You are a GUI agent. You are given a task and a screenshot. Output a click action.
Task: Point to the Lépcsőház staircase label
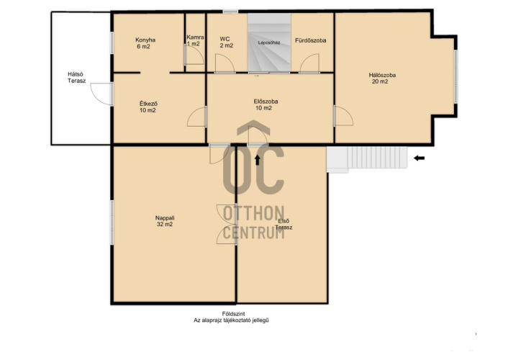click(x=269, y=42)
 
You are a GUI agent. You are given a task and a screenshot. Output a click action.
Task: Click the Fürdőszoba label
click(x=310, y=40)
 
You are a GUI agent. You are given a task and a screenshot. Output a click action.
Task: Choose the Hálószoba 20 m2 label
click(x=382, y=78)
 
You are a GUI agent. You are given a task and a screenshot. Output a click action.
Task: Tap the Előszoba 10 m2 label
click(x=266, y=104)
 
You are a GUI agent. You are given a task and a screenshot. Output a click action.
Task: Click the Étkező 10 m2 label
click(x=148, y=107)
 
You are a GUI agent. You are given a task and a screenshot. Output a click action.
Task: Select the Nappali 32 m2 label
click(x=165, y=221)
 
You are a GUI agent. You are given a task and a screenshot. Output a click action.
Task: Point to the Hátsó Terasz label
click(x=76, y=78)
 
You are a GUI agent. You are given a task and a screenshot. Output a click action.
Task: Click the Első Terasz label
click(x=284, y=224)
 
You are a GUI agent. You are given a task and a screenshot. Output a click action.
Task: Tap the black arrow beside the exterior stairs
click(x=419, y=158)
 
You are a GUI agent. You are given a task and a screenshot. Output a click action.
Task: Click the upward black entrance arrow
click(x=258, y=160)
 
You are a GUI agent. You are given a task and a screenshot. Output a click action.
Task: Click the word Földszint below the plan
click(x=233, y=314)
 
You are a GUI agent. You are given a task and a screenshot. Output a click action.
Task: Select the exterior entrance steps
click(x=367, y=159)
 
